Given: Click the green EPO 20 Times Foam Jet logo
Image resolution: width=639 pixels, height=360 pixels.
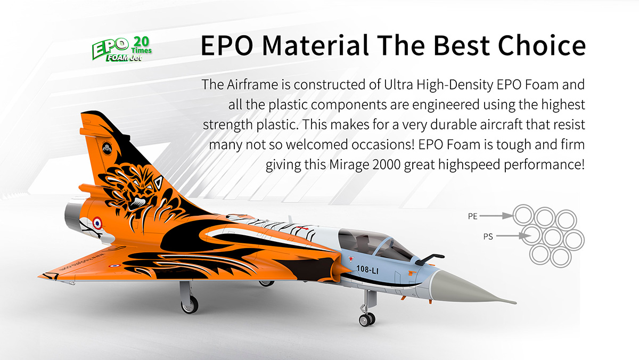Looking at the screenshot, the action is [122, 49].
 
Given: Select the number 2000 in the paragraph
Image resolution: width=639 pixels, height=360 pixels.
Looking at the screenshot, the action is [386, 165].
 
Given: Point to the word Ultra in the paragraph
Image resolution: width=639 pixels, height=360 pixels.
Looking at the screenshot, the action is [398, 85].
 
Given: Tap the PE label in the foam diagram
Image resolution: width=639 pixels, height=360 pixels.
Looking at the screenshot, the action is [473, 216].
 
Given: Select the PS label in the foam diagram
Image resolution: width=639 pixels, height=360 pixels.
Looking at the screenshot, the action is [488, 236].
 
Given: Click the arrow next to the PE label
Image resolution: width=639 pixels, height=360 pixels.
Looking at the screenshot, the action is [496, 216].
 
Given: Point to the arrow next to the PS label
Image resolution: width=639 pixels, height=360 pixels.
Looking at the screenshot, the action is [513, 236].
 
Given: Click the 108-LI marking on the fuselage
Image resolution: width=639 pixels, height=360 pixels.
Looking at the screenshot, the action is [367, 269].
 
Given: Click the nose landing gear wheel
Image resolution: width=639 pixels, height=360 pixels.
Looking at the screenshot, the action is [367, 319].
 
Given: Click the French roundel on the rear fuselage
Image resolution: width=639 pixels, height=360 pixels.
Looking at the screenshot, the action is [97, 223].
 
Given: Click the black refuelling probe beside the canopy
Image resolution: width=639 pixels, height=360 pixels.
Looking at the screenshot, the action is [430, 259].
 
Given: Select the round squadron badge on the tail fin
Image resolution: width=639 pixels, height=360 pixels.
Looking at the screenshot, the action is [107, 149].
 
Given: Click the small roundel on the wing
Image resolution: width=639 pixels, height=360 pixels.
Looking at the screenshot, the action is [114, 266].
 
